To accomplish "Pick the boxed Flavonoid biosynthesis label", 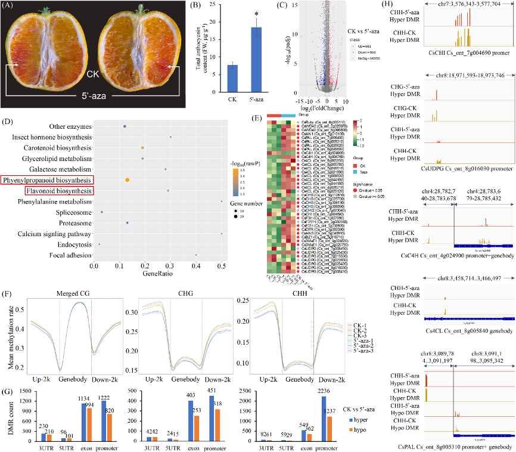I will [59, 191].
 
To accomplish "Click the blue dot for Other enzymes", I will [124, 126].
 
